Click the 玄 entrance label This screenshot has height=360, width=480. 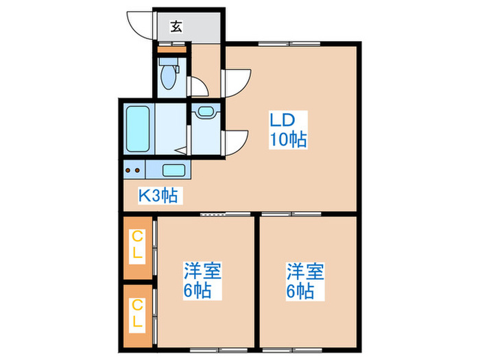pos(176,27)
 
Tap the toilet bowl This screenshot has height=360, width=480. pos(167,75)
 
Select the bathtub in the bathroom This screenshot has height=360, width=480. pos(138,130)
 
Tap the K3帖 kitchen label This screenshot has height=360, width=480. pos(158,196)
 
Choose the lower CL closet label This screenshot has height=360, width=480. pos(138,313)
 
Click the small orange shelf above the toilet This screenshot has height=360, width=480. pos(172,50)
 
